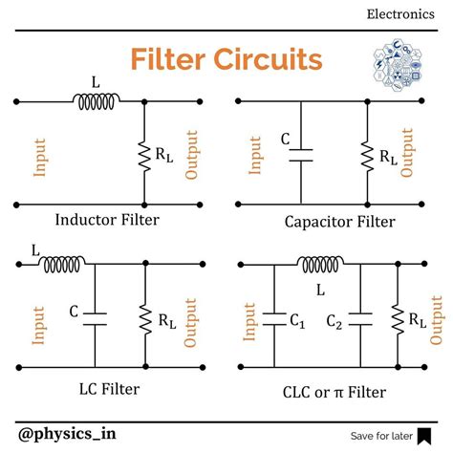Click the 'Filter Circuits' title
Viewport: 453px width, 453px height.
(x=226, y=61)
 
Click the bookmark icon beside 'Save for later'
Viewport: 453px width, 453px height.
(x=423, y=436)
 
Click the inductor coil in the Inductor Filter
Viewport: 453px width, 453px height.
(x=96, y=99)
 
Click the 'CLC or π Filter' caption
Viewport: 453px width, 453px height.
(x=334, y=390)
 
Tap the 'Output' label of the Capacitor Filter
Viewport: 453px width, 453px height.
(x=410, y=155)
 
